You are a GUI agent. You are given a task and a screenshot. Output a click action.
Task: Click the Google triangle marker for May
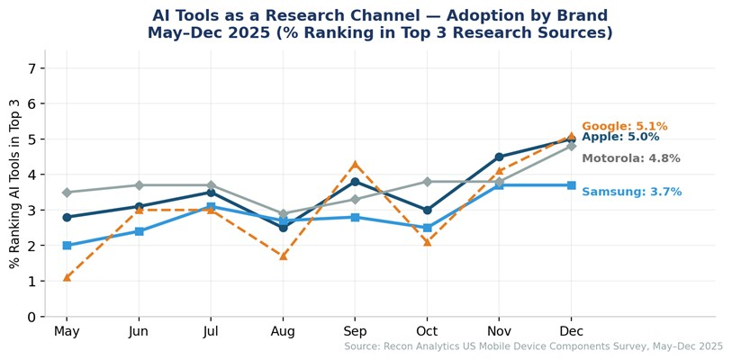coord(67,277)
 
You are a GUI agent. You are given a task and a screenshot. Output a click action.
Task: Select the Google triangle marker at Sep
coord(355,164)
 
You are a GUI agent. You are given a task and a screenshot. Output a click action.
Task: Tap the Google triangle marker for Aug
coord(283,256)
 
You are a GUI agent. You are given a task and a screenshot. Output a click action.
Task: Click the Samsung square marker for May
coord(67,246)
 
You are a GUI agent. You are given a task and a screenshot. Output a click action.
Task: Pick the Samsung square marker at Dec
coord(571,185)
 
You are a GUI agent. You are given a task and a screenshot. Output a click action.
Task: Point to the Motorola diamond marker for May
coord(67,193)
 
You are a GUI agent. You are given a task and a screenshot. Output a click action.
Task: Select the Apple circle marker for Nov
coord(499,157)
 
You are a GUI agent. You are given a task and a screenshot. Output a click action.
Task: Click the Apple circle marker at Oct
coord(427,210)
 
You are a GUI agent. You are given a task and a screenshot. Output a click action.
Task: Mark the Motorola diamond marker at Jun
coord(139,185)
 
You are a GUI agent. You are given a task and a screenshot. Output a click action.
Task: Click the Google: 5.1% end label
coord(624,126)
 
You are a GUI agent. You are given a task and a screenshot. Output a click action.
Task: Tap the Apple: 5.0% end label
coord(620,137)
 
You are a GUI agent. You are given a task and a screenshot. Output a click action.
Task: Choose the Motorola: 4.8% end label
coord(630,158)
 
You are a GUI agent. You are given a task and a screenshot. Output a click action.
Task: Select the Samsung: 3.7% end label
coord(631,192)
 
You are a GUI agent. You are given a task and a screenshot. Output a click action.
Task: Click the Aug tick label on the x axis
coord(283,331)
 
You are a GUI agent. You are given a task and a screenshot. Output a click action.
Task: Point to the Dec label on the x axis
coord(571,331)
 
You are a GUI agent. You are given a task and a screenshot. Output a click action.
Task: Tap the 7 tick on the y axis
coord(32,68)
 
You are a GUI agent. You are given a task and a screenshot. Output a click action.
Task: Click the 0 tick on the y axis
coord(32,317)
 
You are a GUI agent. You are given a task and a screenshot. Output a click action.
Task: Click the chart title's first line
coord(379,15)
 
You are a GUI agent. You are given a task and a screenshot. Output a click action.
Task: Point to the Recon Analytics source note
coord(533,346)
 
